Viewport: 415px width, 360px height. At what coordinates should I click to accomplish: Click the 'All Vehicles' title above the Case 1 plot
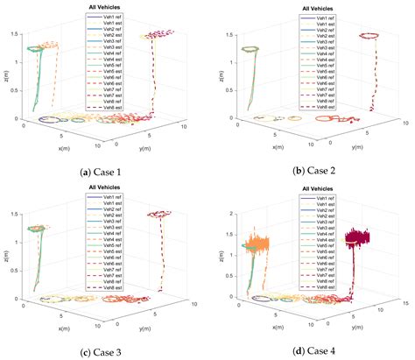click(105, 6)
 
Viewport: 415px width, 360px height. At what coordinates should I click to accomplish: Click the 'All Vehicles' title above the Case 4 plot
click(313, 187)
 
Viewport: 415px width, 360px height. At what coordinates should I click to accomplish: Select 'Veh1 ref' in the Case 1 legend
click(112, 15)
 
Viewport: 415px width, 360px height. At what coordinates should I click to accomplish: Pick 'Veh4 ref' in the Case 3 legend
click(112, 237)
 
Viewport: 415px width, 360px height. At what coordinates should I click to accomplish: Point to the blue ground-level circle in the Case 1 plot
click(58, 119)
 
